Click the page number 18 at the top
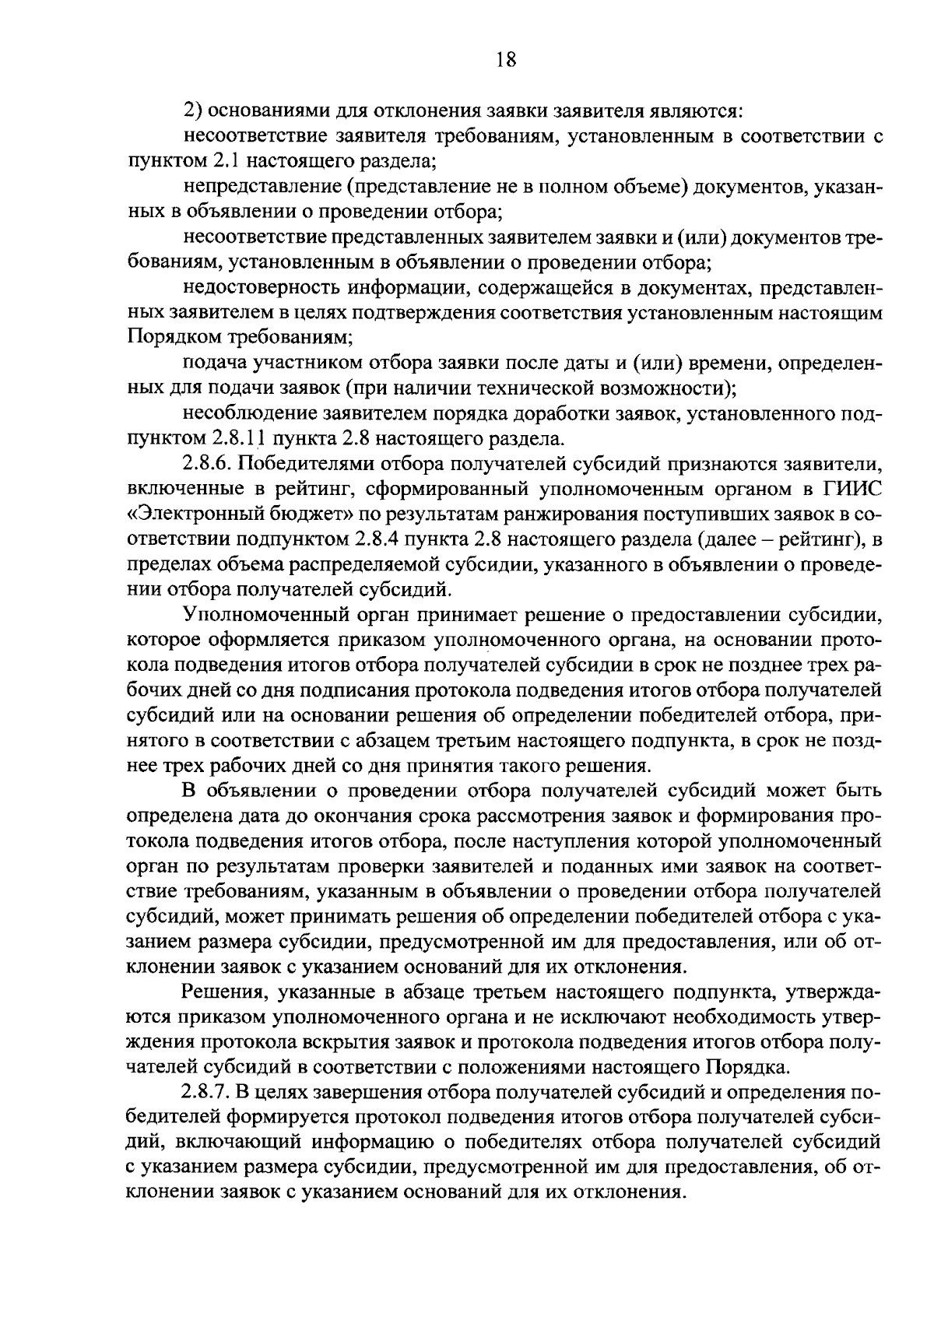click(506, 60)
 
